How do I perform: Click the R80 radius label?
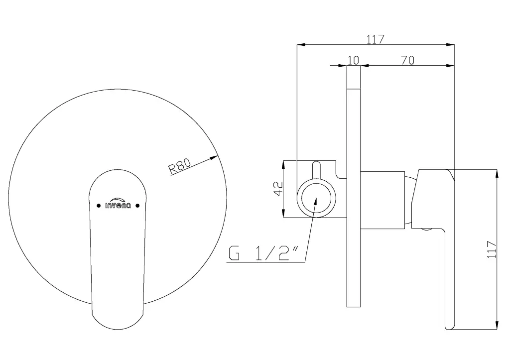point(179,165)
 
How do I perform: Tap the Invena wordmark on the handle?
point(118,206)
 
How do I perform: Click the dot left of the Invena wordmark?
point(99,206)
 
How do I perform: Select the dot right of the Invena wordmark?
point(137,206)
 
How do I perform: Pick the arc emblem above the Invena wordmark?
point(118,200)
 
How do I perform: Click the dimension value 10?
point(353,60)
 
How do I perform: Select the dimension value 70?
point(407,60)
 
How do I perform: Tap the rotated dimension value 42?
point(278,189)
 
